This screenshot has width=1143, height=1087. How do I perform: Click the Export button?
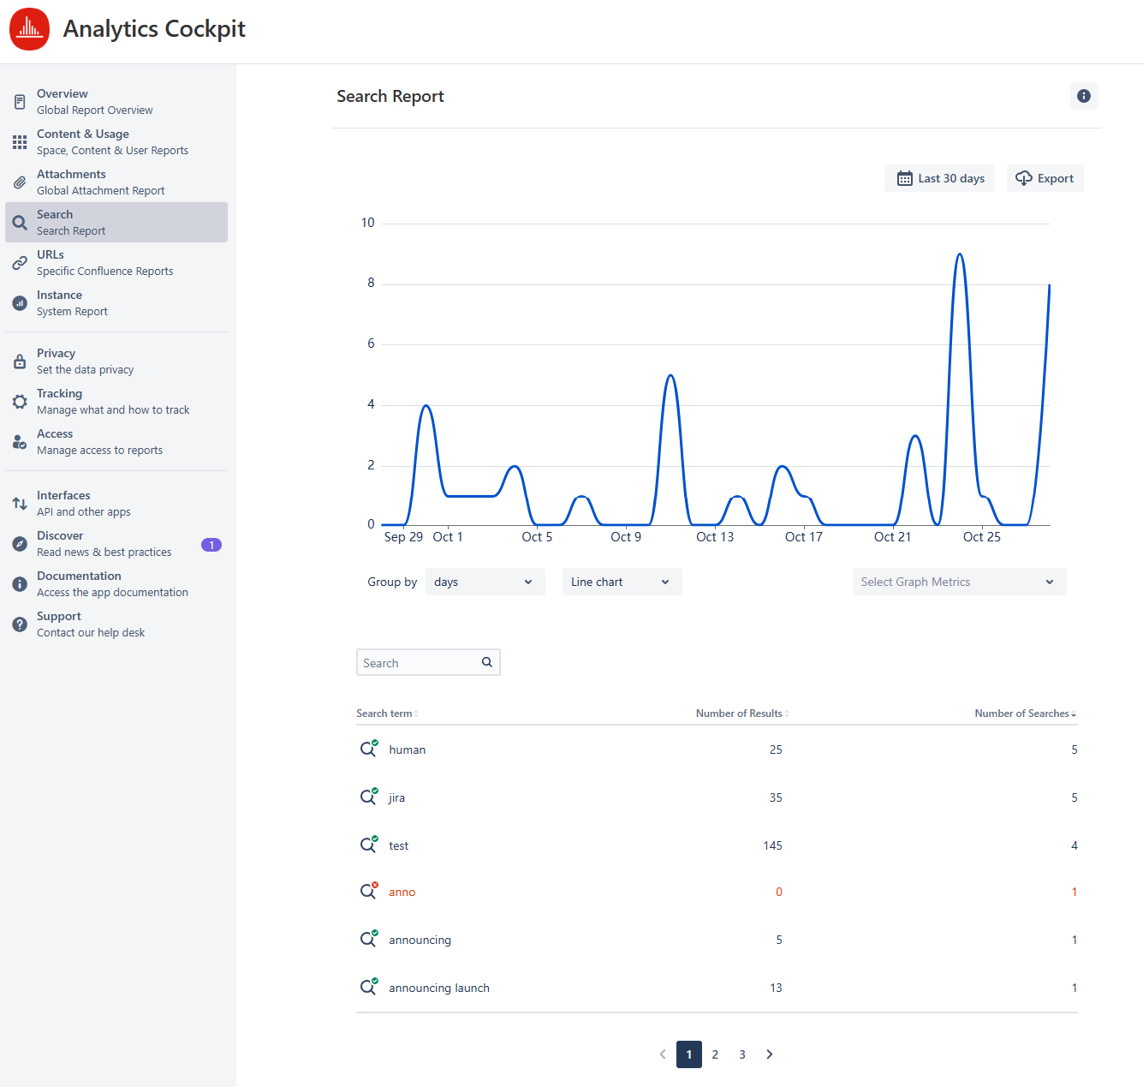[1045, 178]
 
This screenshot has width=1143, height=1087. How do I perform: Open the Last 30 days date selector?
[939, 178]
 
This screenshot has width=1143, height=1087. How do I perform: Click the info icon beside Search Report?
[1083, 96]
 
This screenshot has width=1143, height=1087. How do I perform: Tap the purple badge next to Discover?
[211, 545]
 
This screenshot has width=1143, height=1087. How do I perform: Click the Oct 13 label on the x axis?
[714, 537]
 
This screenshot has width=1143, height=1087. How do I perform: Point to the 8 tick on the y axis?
[371, 283]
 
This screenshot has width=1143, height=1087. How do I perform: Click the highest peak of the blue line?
[960, 254]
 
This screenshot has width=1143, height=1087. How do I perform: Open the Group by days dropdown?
[485, 582]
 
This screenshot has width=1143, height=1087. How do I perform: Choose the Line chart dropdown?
[622, 582]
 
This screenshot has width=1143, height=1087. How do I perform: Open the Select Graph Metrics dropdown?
[959, 582]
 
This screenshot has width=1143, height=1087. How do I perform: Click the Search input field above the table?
[420, 663]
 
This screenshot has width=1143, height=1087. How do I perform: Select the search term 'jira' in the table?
[396, 797]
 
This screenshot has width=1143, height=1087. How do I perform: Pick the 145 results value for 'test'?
[772, 845]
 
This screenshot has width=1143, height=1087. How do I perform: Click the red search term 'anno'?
[402, 892]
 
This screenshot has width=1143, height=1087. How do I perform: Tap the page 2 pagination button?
[715, 1054]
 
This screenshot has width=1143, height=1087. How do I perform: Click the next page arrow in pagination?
[770, 1054]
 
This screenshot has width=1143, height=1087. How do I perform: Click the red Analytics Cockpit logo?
[29, 29]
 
